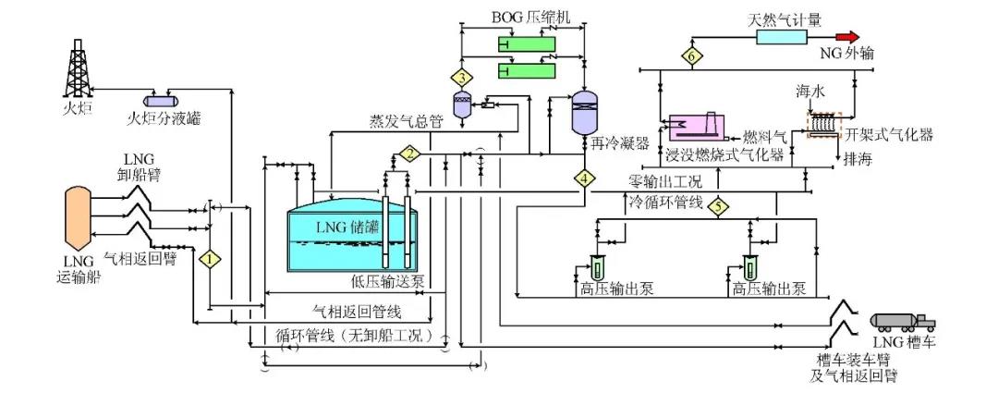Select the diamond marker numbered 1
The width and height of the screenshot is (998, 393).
(x=213, y=260)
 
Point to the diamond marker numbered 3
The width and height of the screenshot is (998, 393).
(x=462, y=75)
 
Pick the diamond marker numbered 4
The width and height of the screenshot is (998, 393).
(x=584, y=177)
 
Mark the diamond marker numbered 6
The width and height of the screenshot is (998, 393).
(x=692, y=56)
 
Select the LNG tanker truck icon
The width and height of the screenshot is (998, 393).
(x=904, y=321)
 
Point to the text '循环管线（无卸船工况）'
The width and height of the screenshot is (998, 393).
(x=355, y=334)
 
